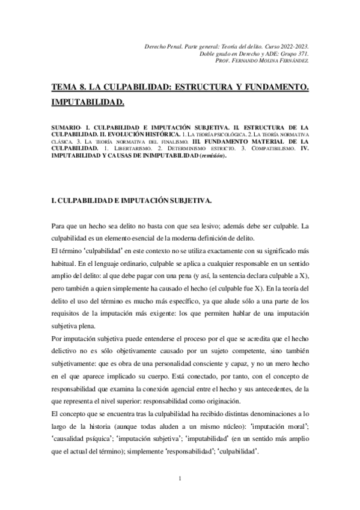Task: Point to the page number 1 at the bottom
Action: click(180, 479)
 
